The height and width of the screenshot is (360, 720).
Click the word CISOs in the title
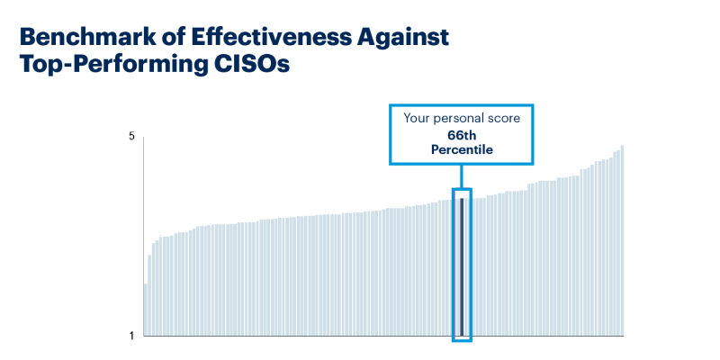[x=254, y=67]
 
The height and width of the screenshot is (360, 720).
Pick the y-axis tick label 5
[x=131, y=137]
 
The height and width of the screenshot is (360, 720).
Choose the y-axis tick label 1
[x=131, y=336]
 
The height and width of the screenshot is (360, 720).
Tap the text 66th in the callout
[x=460, y=135]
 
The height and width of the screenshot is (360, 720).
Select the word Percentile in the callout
[x=460, y=150]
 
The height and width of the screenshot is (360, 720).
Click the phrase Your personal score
[x=460, y=118]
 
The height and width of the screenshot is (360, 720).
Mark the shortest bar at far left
[x=146, y=310]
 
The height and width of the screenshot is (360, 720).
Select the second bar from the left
[x=149, y=296]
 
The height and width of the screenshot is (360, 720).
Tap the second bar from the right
[x=617, y=243]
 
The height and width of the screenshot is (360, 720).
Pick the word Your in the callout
[x=417, y=118]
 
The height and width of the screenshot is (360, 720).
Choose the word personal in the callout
[x=460, y=118]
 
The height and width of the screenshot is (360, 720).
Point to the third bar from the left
[x=153, y=290]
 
